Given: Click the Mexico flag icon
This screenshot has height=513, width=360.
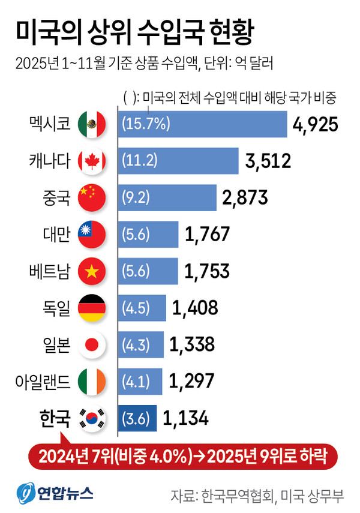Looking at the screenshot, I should click(x=92, y=124).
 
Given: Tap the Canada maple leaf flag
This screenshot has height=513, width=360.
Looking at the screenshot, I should click(x=92, y=161).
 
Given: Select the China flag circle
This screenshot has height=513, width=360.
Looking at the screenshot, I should click(x=92, y=198).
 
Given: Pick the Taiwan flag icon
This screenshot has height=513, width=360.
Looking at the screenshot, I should click(x=92, y=235).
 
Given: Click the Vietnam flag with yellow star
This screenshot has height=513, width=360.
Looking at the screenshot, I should click(x=92, y=272).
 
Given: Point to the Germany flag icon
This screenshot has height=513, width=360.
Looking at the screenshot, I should click(x=92, y=308).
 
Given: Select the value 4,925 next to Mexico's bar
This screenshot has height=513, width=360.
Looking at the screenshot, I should click(x=316, y=125).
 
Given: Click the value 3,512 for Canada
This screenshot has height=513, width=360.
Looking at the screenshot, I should click(x=268, y=161).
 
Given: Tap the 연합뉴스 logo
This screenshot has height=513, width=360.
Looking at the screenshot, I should click(x=55, y=493).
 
